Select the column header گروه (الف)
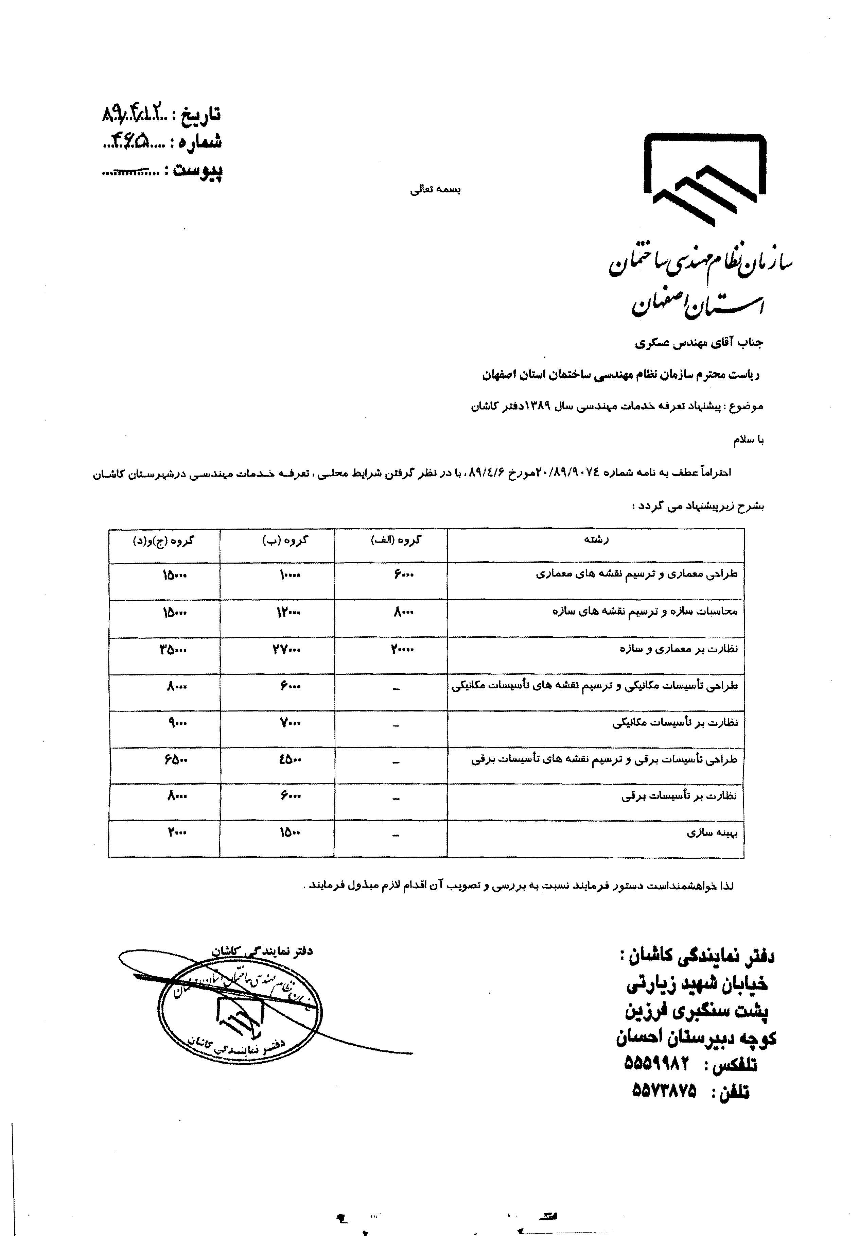(396, 540)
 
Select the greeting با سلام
(748, 440)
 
